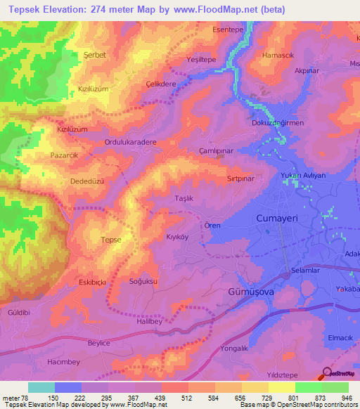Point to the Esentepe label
(x=229, y=31)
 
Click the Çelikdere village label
(x=160, y=83)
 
